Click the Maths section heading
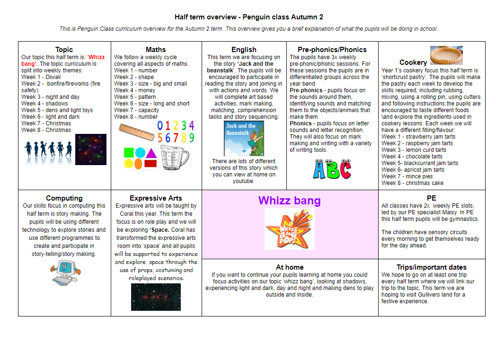(156, 49)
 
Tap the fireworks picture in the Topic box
(91, 149)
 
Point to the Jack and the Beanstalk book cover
(244, 139)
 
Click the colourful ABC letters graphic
(332, 169)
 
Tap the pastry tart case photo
(446, 55)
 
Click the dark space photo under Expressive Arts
(156, 297)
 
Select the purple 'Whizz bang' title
(290, 201)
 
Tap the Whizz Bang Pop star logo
(290, 229)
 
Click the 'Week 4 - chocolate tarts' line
(411, 157)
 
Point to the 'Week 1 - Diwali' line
(41, 77)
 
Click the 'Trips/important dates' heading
(431, 267)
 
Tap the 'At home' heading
(290, 267)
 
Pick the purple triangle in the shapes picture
(151, 152)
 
